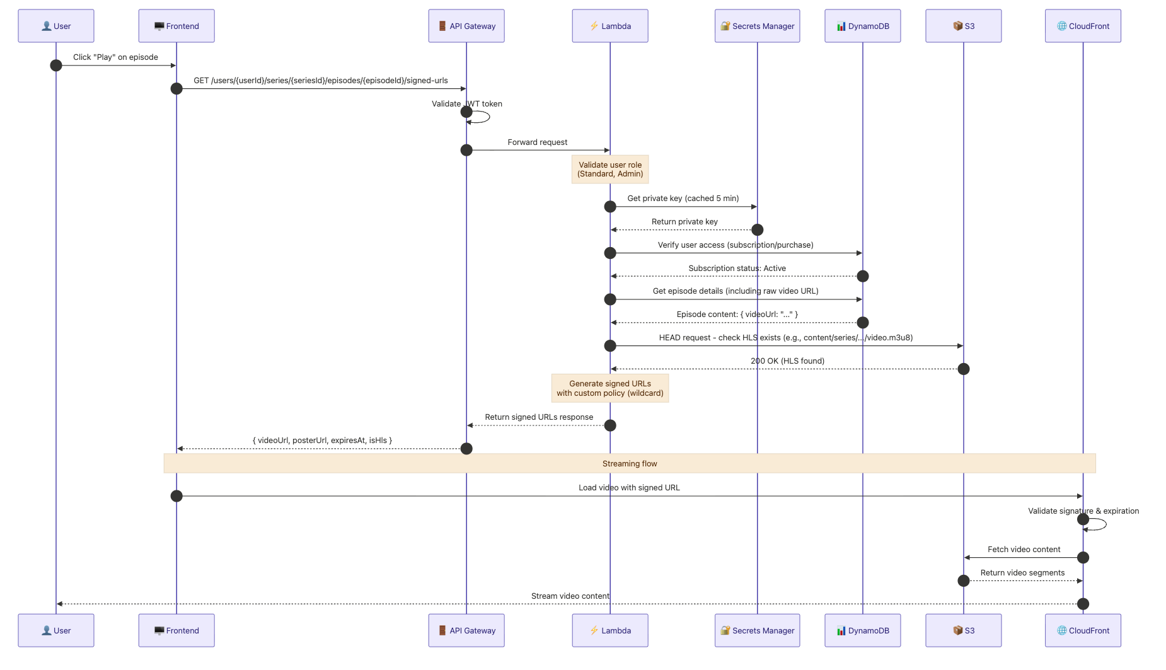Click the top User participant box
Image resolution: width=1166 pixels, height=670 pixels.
coord(56,26)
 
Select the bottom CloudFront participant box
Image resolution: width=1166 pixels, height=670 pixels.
coord(1083,630)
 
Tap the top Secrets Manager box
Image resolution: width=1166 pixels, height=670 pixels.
coord(757,26)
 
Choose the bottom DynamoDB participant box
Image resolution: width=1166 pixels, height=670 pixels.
coord(862,630)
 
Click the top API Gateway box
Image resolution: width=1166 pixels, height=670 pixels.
coord(466,26)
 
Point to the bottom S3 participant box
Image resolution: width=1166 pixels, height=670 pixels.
coord(963,630)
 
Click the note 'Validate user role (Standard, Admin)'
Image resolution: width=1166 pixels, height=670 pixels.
coord(610,170)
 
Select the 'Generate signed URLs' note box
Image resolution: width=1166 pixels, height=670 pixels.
coord(610,388)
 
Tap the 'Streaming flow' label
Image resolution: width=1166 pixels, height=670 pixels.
coord(630,464)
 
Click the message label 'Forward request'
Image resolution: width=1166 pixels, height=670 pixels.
coord(538,142)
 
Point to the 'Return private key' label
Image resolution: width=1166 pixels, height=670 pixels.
coord(684,222)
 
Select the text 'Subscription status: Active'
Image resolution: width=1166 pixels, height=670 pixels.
coord(737,269)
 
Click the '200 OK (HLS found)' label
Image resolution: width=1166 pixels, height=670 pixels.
coord(787,361)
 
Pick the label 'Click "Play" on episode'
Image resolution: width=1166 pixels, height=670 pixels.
coord(115,57)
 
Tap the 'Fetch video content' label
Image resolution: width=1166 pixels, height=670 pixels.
coord(1024,550)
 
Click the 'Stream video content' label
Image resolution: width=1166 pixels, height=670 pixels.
coord(570,596)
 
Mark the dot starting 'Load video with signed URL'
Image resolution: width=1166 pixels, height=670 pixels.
coord(176,496)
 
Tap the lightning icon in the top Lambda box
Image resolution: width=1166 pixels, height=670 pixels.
coord(594,26)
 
